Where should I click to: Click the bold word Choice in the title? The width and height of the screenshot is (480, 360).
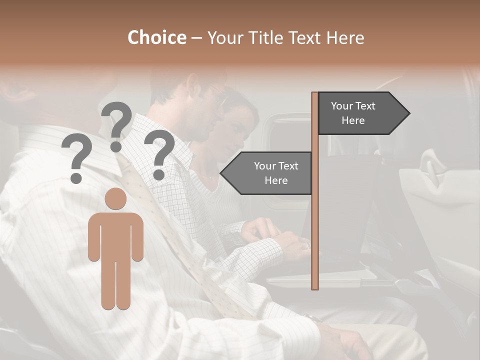tap(156, 37)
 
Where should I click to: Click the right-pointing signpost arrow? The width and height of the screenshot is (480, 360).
tap(363, 113)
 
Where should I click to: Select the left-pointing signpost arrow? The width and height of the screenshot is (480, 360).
tap(267, 173)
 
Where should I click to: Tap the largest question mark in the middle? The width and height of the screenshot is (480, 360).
tap(116, 125)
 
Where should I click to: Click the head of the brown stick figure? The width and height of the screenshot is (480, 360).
tap(116, 198)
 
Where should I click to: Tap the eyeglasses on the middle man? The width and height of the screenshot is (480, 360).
tap(218, 94)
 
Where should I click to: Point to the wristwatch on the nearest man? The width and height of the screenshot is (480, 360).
tap(313, 318)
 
